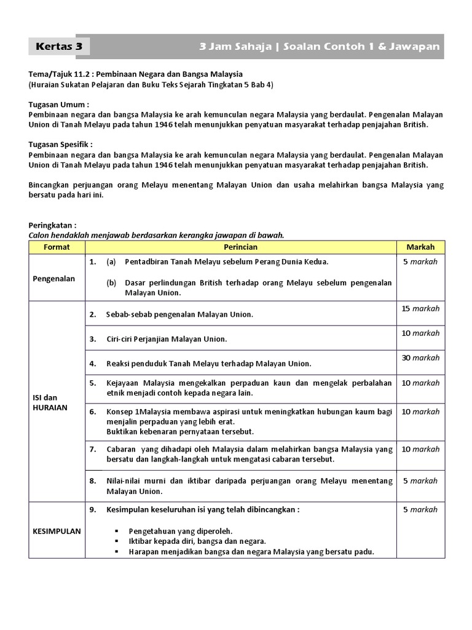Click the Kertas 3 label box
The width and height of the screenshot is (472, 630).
click(x=60, y=47)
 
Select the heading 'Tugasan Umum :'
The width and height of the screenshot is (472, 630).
click(x=59, y=105)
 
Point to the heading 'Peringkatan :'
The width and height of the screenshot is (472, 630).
click(x=54, y=226)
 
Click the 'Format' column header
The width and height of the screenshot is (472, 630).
click(x=57, y=247)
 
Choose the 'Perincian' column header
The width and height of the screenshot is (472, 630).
click(x=240, y=247)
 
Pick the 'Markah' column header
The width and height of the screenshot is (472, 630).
click(x=420, y=247)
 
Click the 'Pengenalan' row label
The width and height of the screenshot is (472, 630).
click(x=54, y=278)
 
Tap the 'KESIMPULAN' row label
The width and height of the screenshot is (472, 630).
click(x=57, y=531)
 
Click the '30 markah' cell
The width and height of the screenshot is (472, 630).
click(x=420, y=357)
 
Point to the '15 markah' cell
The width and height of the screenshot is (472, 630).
click(x=420, y=308)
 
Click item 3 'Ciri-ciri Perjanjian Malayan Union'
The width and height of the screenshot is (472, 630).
click(x=166, y=339)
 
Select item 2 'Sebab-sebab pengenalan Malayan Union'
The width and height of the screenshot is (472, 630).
click(x=179, y=314)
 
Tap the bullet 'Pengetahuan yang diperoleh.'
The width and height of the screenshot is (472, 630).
click(x=180, y=530)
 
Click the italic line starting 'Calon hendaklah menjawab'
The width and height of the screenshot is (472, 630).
click(x=157, y=235)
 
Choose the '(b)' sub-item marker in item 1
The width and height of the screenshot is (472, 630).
click(x=111, y=282)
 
